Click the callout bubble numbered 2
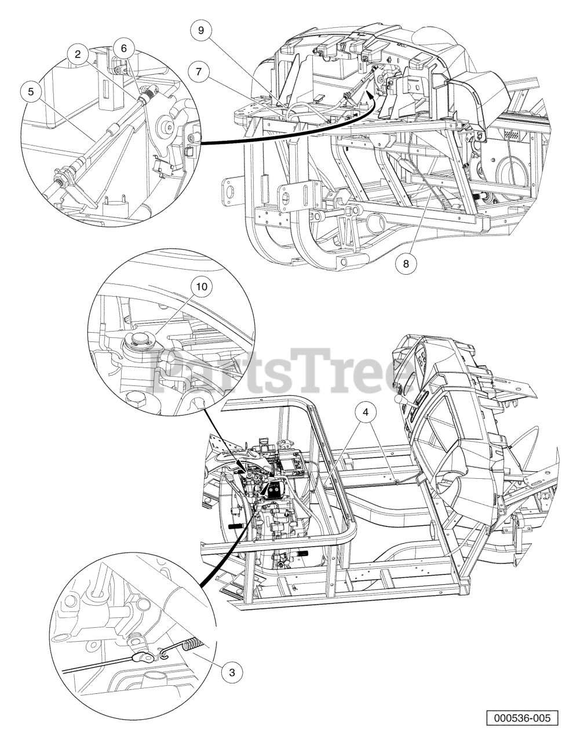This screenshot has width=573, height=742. click(x=78, y=54)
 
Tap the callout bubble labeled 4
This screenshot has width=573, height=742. click(x=366, y=413)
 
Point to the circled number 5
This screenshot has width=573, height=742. click(x=31, y=92)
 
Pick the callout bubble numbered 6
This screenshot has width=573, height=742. click(x=124, y=49)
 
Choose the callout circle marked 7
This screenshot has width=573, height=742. click(x=199, y=72)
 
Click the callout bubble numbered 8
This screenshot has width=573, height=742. click(x=406, y=264)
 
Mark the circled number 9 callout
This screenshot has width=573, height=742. click(x=200, y=30)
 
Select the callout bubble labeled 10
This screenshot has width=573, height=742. click(x=202, y=286)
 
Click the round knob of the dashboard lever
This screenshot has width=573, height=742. click(x=397, y=398)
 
